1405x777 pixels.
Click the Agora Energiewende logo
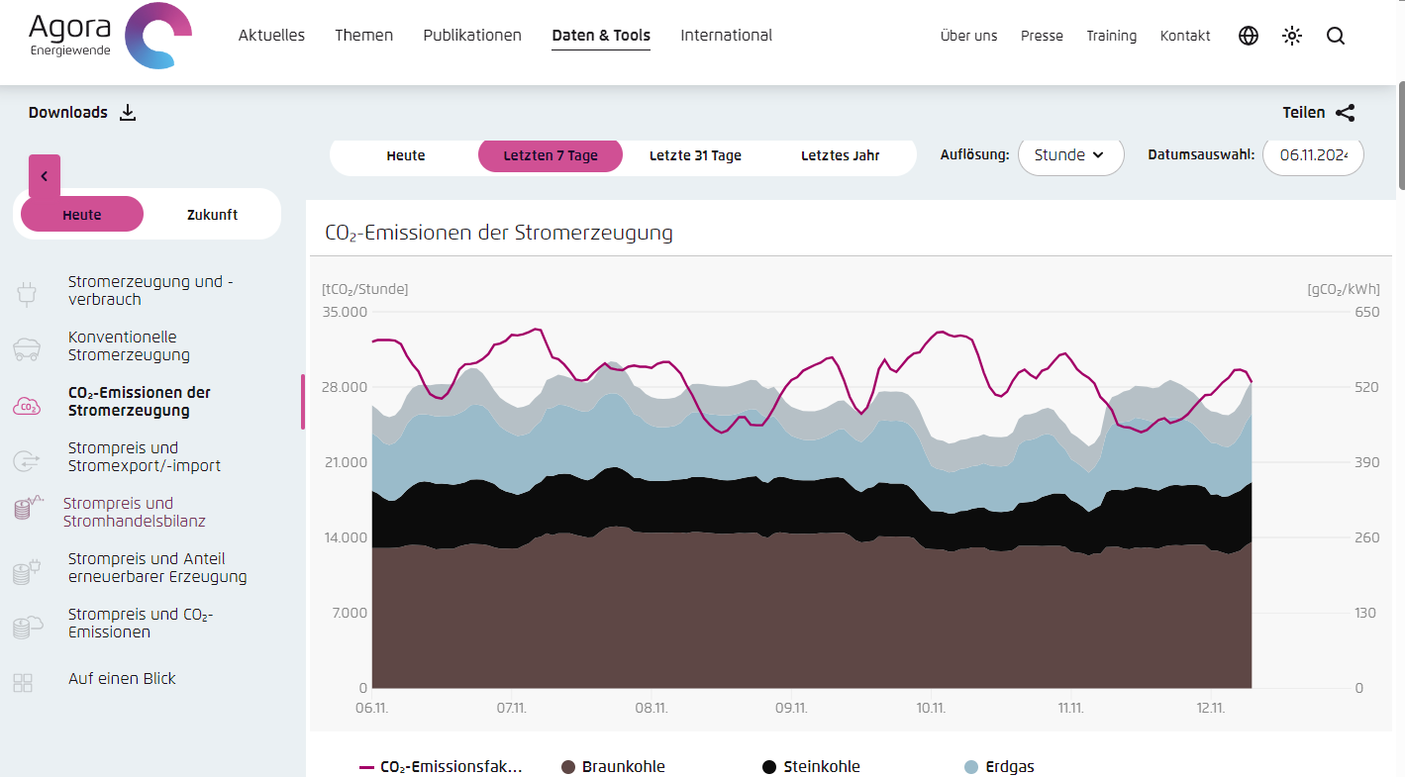point(110,37)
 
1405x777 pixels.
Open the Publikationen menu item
point(472,36)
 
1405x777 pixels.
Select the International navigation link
point(726,36)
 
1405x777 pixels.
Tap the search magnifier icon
point(1336,37)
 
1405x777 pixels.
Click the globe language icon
point(1249,37)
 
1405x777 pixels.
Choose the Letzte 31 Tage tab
point(695,155)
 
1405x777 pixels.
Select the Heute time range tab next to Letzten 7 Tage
point(406,155)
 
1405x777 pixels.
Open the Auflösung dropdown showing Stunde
point(1070,155)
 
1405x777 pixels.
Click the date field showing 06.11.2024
point(1313,155)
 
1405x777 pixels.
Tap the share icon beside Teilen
point(1345,113)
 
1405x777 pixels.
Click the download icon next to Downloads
point(128,113)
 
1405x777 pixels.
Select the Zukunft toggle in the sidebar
point(212,215)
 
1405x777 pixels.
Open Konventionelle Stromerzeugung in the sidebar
point(129,346)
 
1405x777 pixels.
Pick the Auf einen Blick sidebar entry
point(122,679)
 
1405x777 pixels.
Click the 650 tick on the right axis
point(1365,312)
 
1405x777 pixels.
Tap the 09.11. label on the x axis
point(791,709)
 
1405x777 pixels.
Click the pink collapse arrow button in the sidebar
point(45,176)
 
